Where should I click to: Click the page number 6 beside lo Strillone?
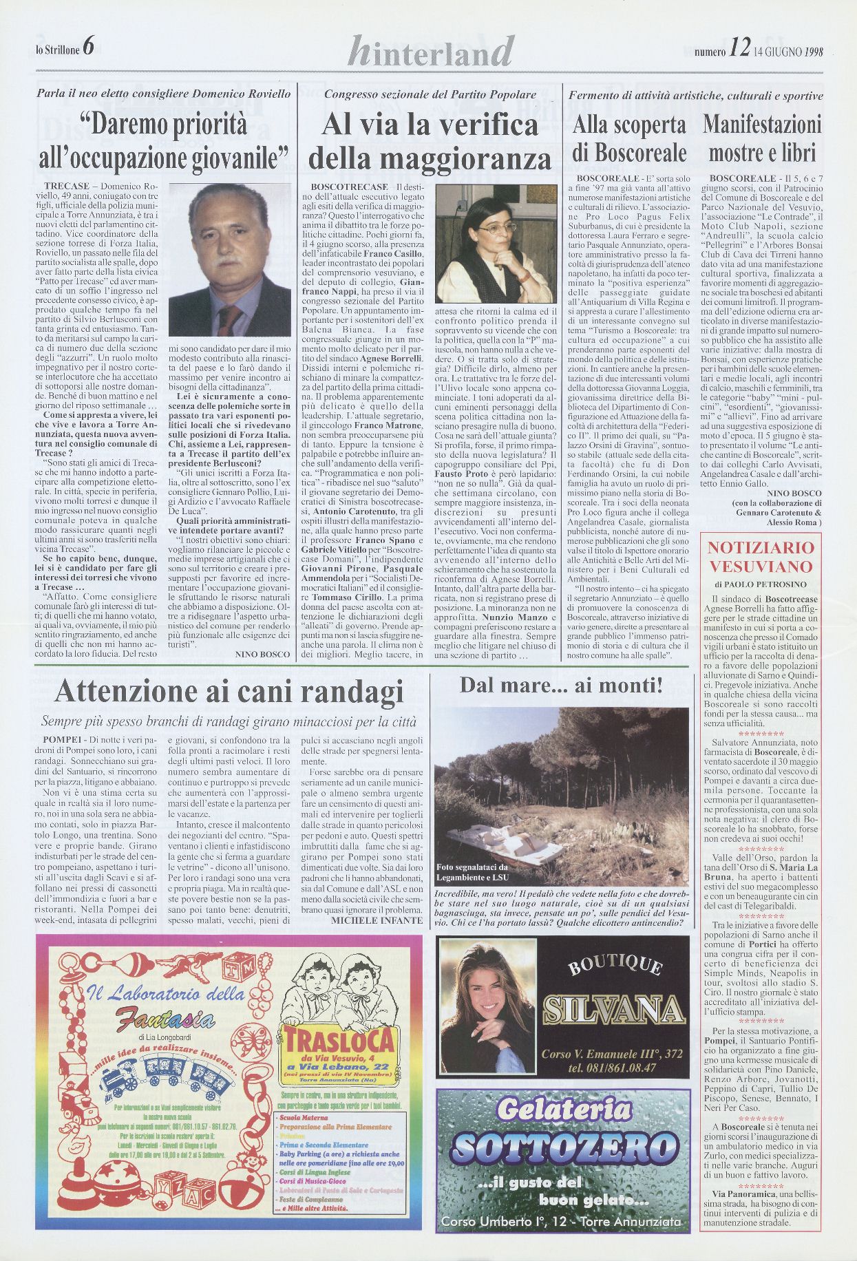[x=87, y=47]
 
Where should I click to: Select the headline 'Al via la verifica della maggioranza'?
[x=430, y=142]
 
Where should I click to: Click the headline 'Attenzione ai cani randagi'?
[x=229, y=691]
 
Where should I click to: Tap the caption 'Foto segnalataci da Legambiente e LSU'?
[x=472, y=872]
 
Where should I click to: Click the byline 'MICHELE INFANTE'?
[x=377, y=920]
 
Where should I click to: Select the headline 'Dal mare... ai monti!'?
[x=561, y=686]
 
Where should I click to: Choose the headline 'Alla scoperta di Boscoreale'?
[x=629, y=138]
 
